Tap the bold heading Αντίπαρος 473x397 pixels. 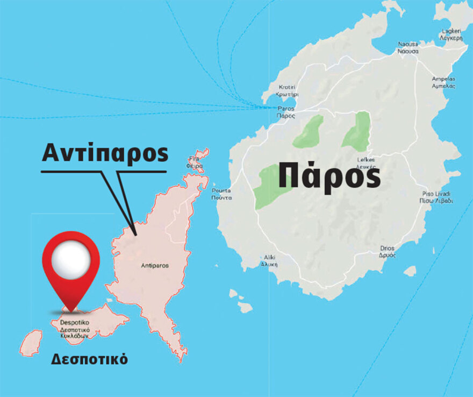(x=105, y=154)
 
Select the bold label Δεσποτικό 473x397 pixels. (x=89, y=359)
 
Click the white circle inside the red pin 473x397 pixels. (x=71, y=260)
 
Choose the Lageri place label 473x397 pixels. (x=450, y=34)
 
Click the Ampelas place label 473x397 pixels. (x=444, y=82)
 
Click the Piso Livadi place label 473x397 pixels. (x=436, y=197)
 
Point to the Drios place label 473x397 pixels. (x=386, y=251)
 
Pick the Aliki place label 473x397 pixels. (x=269, y=260)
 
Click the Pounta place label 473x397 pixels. (x=221, y=194)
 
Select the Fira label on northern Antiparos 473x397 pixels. (x=196, y=162)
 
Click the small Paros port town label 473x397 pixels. (x=284, y=112)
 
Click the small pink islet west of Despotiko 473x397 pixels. (x=32, y=343)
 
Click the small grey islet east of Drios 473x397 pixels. (x=410, y=271)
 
